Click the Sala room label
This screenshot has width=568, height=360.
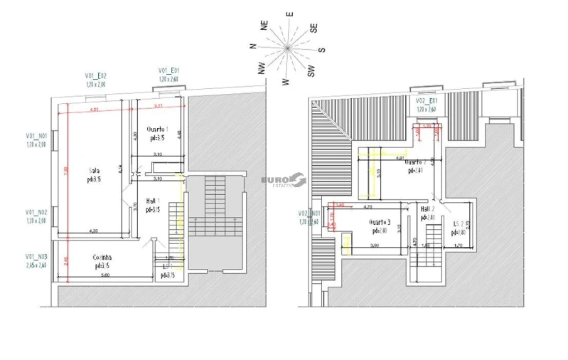point(94,171)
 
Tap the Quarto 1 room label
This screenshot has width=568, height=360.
point(157,128)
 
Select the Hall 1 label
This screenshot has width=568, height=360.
point(153,201)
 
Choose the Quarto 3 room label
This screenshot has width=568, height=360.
point(379,222)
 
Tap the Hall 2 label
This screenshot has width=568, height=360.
point(427,209)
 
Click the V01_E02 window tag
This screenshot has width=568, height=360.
point(96,75)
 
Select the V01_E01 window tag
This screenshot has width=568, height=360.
point(168,70)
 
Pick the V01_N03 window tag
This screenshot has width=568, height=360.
point(37,256)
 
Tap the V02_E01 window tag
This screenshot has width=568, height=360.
point(427,101)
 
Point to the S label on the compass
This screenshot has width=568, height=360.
point(321,50)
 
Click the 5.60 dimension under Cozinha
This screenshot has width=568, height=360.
point(103,275)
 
